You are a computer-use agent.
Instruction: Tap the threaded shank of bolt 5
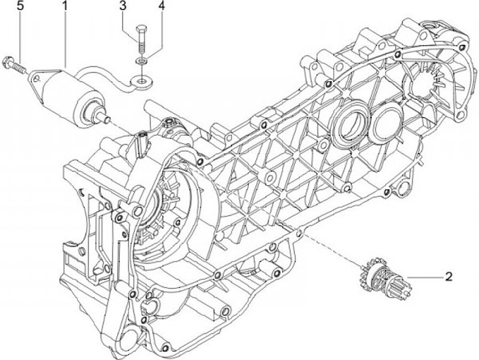[x=19, y=68]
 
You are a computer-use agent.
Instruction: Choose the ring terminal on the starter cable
[x=142, y=81]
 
